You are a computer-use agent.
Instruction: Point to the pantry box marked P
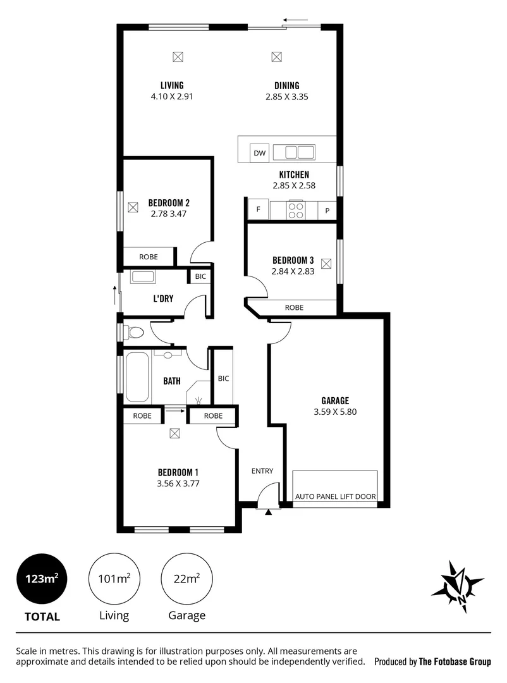click(x=327, y=211)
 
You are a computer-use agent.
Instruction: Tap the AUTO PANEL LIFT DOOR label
click(x=335, y=497)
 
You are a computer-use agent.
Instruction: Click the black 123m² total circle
click(x=42, y=579)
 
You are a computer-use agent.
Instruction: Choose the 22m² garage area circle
click(x=186, y=579)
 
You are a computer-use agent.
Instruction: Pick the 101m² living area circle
click(x=114, y=579)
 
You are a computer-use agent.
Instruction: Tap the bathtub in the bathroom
click(x=137, y=378)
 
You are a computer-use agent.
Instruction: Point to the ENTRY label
click(x=262, y=471)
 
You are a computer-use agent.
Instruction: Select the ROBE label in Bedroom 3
click(x=294, y=307)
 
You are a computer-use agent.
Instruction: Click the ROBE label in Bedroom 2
click(x=149, y=257)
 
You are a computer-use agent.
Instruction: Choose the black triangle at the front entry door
click(x=269, y=512)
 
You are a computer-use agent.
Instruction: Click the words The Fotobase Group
click(x=455, y=662)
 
